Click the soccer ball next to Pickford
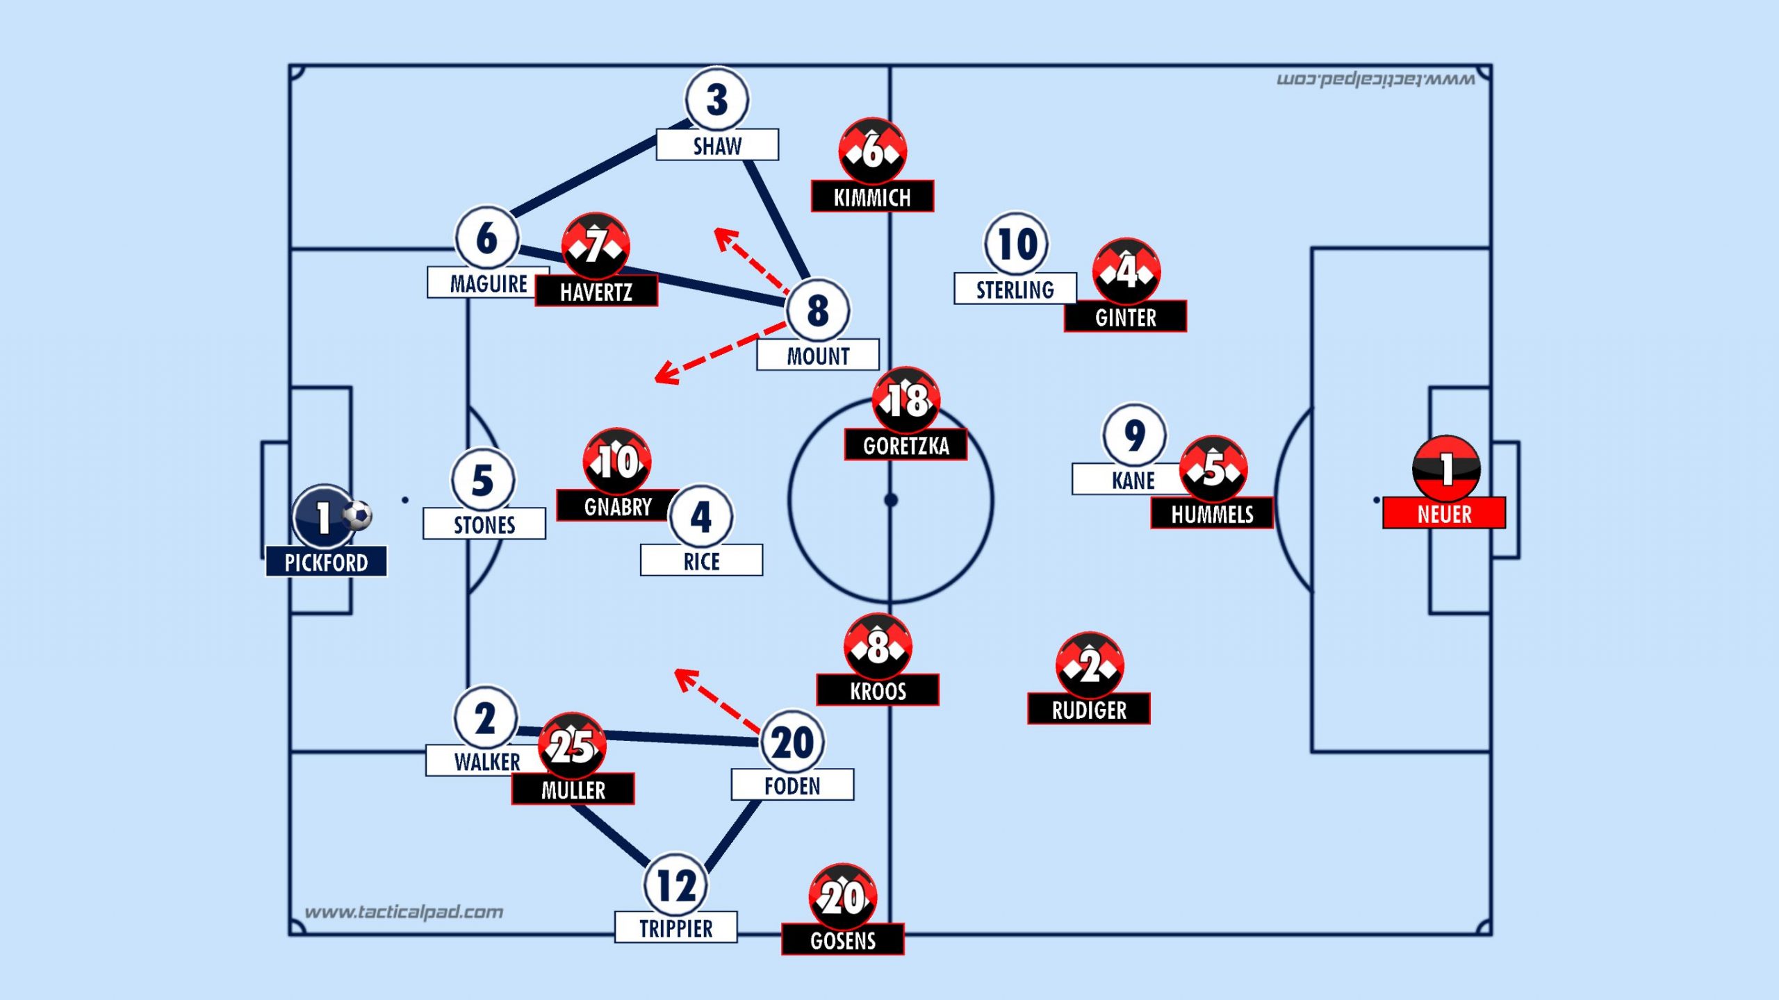(x=358, y=515)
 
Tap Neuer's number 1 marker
(x=1445, y=469)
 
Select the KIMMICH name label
(x=872, y=197)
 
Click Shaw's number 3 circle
(x=716, y=99)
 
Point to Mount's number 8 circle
(x=817, y=310)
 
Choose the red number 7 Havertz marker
(x=596, y=246)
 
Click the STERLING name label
(x=1015, y=289)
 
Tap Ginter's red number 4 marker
(x=1126, y=271)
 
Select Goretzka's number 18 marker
(x=906, y=400)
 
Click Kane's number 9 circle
(x=1134, y=435)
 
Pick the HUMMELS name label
(x=1212, y=514)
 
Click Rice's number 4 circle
(x=700, y=516)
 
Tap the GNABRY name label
(x=617, y=506)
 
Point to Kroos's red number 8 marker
(x=878, y=647)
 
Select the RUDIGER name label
(x=1089, y=710)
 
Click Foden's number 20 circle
(x=792, y=742)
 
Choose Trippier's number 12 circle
(x=676, y=885)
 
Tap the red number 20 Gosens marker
(x=843, y=897)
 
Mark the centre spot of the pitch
(x=891, y=500)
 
